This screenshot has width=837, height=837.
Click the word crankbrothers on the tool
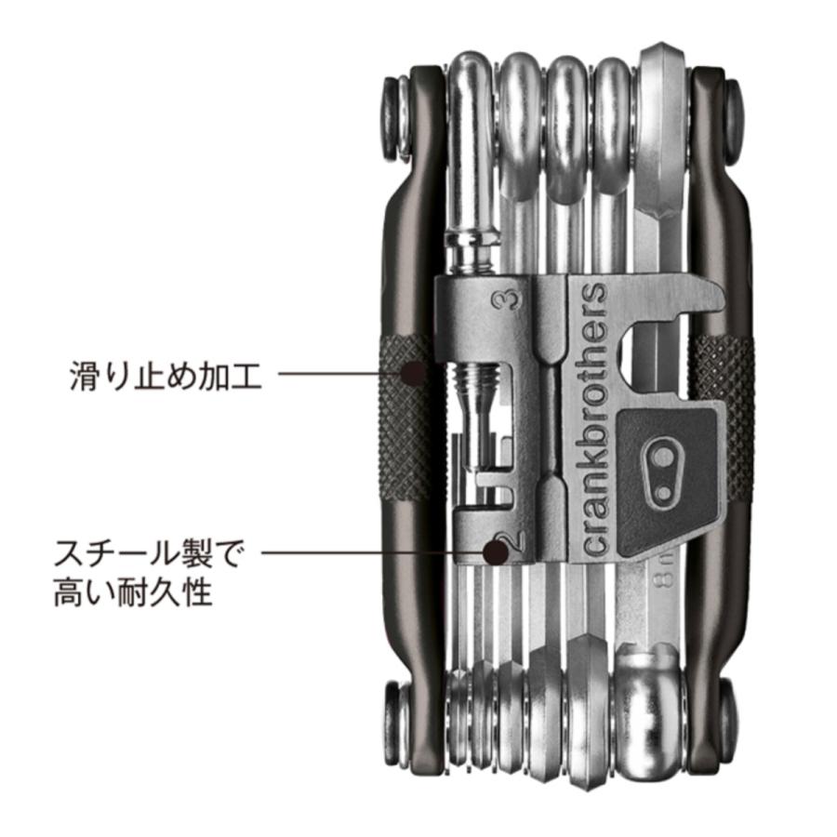click(x=593, y=419)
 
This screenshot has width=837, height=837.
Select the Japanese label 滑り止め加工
click(x=166, y=377)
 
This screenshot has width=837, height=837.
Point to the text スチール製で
click(x=149, y=553)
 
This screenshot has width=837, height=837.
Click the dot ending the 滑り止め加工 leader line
click(x=414, y=373)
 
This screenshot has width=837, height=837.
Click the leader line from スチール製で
click(x=373, y=552)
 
